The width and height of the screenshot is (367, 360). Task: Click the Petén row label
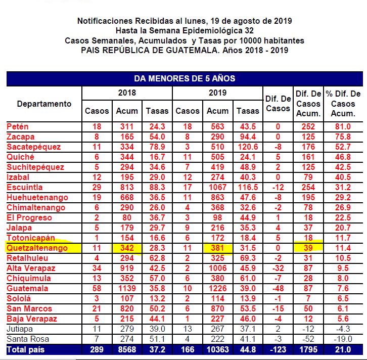tap(18, 126)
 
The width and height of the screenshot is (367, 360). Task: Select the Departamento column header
tap(44, 104)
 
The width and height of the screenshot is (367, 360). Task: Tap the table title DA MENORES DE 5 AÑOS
tap(185, 78)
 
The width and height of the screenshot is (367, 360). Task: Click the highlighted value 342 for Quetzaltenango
tap(127, 248)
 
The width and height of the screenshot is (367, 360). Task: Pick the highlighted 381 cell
tap(218, 248)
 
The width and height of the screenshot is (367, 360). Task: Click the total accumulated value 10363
tap(218, 349)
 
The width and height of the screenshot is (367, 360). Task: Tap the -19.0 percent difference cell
tap(343, 339)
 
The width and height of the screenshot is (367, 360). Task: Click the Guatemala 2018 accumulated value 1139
tap(127, 288)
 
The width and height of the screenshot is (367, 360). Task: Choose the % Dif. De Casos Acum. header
tap(343, 104)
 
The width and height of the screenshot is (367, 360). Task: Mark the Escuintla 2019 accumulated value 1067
tap(218, 187)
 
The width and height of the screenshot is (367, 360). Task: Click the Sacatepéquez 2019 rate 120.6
tap(248, 147)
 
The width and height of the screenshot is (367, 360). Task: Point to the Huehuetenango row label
tap(36, 197)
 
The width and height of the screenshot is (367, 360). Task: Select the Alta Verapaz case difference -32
tap(278, 268)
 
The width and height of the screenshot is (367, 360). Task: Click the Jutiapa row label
tap(20, 329)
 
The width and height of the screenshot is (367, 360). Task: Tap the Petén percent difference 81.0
tap(343, 126)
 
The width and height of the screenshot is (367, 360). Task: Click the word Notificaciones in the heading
tap(105, 21)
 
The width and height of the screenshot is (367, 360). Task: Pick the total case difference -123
tap(278, 349)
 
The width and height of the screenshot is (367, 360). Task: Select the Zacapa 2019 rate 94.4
tap(248, 137)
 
